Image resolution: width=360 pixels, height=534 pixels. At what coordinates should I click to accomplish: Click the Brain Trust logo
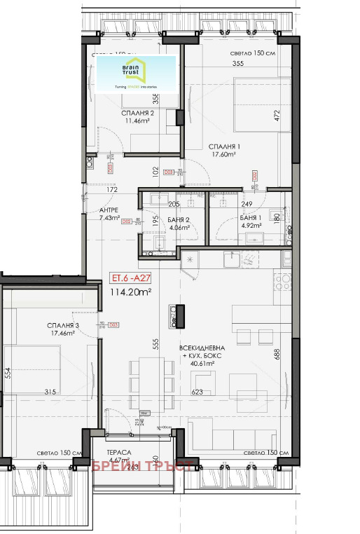click(x=136, y=73)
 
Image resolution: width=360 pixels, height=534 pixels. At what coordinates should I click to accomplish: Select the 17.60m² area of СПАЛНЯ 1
click(x=225, y=156)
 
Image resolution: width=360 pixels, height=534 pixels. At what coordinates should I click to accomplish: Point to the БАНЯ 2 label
click(x=176, y=219)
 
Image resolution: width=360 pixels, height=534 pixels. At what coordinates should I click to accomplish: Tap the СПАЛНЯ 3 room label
click(x=63, y=325)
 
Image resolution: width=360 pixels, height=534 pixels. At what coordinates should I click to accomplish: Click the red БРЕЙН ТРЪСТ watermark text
click(x=142, y=466)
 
